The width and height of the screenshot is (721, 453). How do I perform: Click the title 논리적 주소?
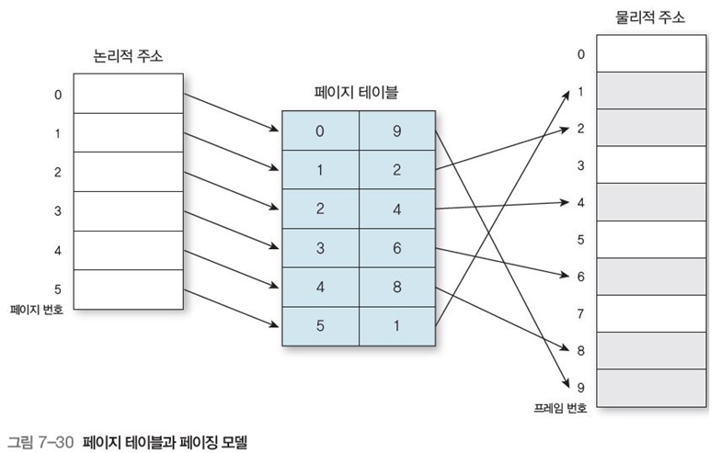click(128, 57)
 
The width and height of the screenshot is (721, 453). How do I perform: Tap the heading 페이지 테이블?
click(357, 93)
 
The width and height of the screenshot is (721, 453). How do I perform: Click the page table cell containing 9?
click(396, 130)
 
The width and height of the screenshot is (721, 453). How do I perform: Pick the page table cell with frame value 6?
click(396, 248)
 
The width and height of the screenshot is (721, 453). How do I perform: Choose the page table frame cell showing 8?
click(396, 287)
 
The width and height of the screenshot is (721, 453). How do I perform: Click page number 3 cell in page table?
click(319, 248)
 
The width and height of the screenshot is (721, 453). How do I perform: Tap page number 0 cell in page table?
click(319, 130)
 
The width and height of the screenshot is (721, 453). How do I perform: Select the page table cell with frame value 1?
click(396, 325)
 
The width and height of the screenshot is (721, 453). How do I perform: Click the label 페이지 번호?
click(38, 310)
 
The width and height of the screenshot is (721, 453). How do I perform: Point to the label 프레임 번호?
click(560, 405)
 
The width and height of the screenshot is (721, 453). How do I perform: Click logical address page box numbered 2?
click(128, 172)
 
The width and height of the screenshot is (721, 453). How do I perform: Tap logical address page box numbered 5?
click(128, 289)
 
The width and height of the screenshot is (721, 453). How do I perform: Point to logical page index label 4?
click(58, 250)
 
